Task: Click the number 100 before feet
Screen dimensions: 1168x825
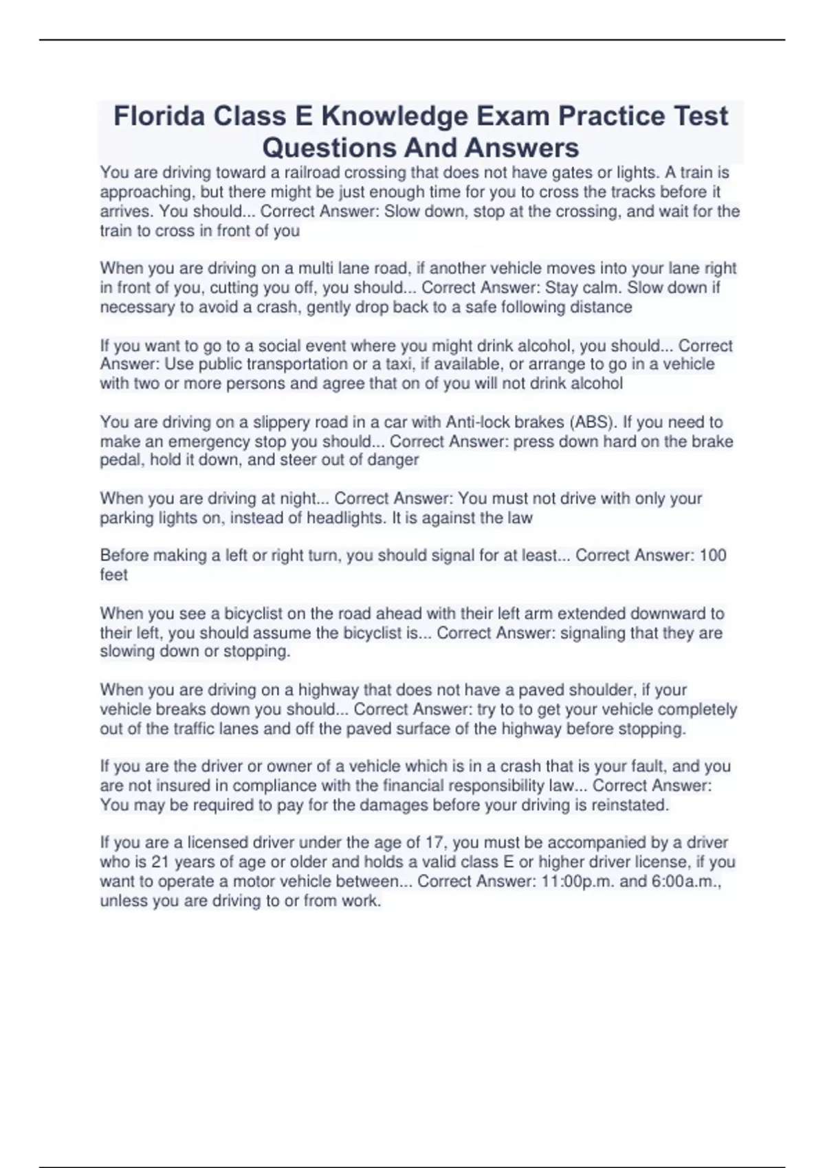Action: pyautogui.click(x=712, y=555)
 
